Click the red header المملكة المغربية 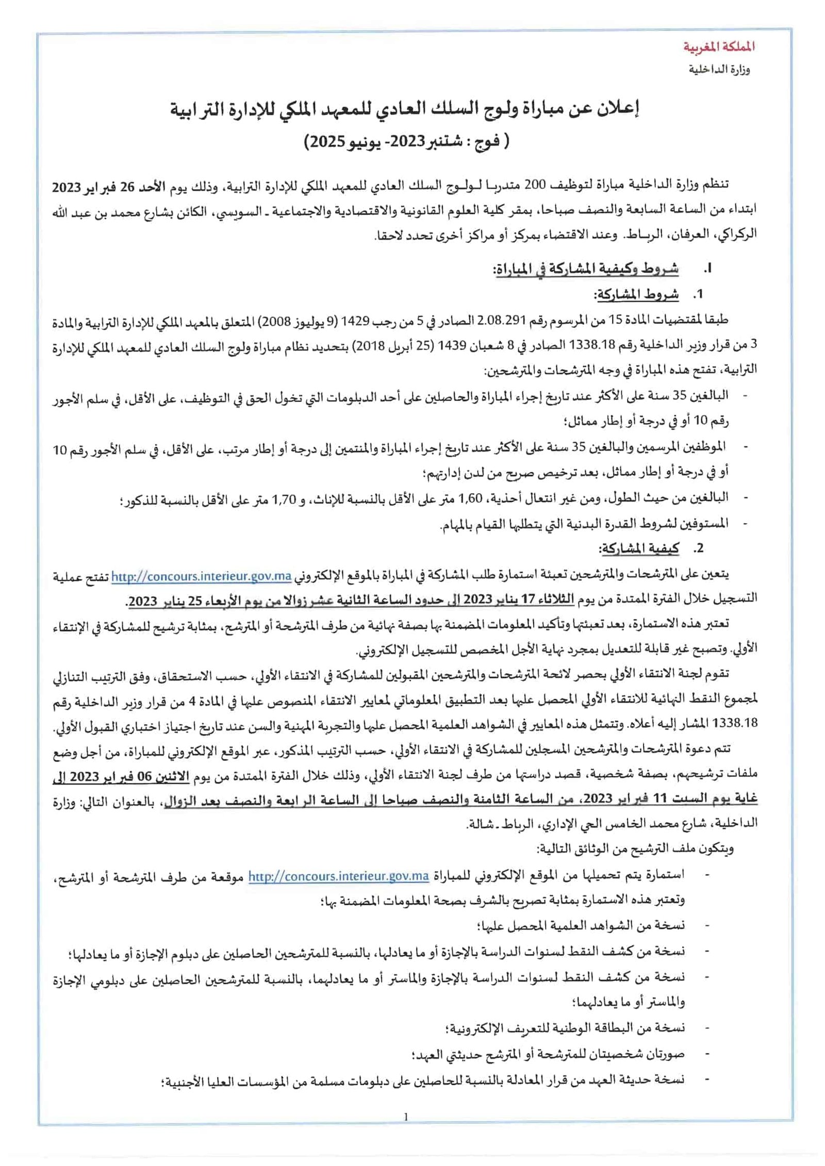pyautogui.click(x=719, y=47)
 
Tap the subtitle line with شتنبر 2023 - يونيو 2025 pyautogui.click(x=406, y=142)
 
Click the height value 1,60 pyautogui.click(x=470, y=498)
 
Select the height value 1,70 pyautogui.click(x=284, y=498)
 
